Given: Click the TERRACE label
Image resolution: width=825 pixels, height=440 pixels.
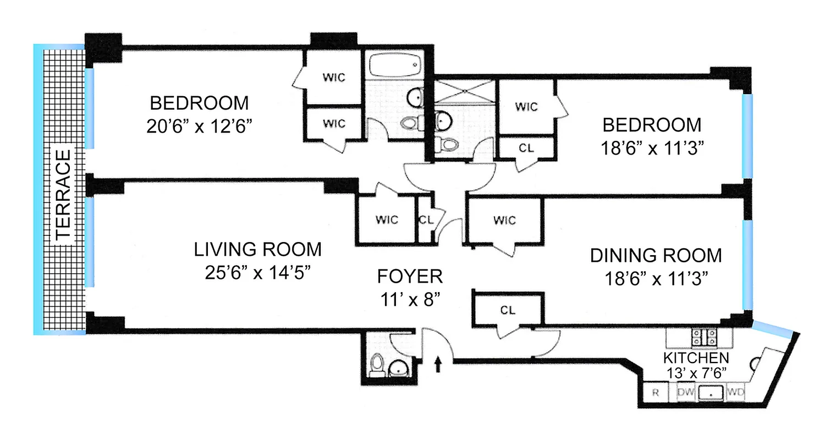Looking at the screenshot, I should click(64, 194).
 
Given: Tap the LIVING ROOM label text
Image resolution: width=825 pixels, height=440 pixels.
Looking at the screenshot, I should click(257, 249).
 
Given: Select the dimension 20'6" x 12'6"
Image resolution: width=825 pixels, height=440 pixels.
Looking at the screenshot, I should click(199, 127).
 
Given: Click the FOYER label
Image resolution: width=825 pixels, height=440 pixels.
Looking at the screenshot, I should click(410, 276).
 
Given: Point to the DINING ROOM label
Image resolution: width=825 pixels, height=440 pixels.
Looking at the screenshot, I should click(656, 255).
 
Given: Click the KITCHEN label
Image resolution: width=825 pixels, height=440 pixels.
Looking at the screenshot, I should click(696, 358).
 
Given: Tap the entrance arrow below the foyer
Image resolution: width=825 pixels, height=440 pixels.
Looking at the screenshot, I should click(438, 364).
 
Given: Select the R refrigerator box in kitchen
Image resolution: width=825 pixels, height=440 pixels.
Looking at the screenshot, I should click(656, 393).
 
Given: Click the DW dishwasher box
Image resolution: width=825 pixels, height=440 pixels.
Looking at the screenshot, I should click(685, 392).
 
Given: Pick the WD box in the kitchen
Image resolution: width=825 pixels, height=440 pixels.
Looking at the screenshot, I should click(735, 392).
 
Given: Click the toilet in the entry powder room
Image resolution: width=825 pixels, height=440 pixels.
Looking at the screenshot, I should click(377, 365).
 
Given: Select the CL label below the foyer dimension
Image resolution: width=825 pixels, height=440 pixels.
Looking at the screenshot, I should click(508, 310).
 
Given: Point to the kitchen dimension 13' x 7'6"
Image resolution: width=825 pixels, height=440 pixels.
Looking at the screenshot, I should click(696, 372).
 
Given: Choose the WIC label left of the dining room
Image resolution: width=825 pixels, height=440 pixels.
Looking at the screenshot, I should click(504, 220).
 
